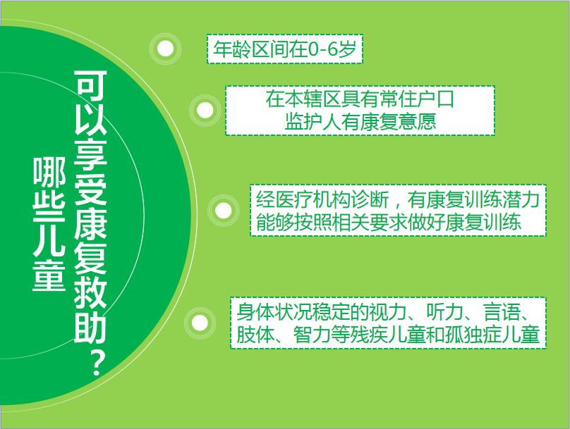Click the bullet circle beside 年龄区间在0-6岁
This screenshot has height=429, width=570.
pos(166,49)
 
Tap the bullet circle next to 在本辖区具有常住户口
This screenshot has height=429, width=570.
pos(205,110)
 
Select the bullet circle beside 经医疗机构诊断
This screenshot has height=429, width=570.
pos(223,210)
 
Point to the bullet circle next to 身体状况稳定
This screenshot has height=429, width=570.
pos(200,323)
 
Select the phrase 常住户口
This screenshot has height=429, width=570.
pos(417,99)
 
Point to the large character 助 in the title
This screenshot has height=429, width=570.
pos(90,325)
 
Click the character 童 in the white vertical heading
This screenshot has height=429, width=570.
pos(49,276)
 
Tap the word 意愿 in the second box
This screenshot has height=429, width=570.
pos(417,122)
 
